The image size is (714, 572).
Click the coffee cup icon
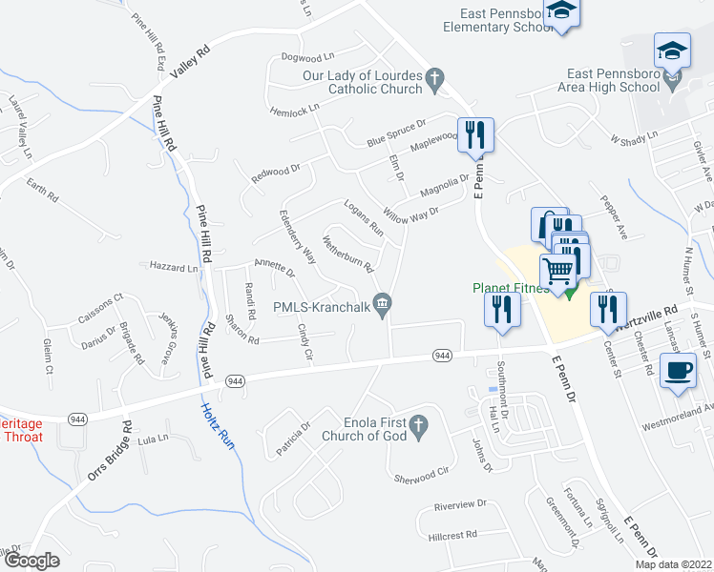(679, 370)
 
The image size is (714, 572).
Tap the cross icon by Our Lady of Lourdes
(435, 81)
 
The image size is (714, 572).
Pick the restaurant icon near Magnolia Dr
(474, 133)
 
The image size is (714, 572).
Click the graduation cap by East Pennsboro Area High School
(672, 49)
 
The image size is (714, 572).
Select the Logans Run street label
(363, 216)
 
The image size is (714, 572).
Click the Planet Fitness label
(510, 288)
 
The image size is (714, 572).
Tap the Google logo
(31, 560)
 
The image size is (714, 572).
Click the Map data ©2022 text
(673, 564)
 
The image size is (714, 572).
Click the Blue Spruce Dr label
(395, 135)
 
